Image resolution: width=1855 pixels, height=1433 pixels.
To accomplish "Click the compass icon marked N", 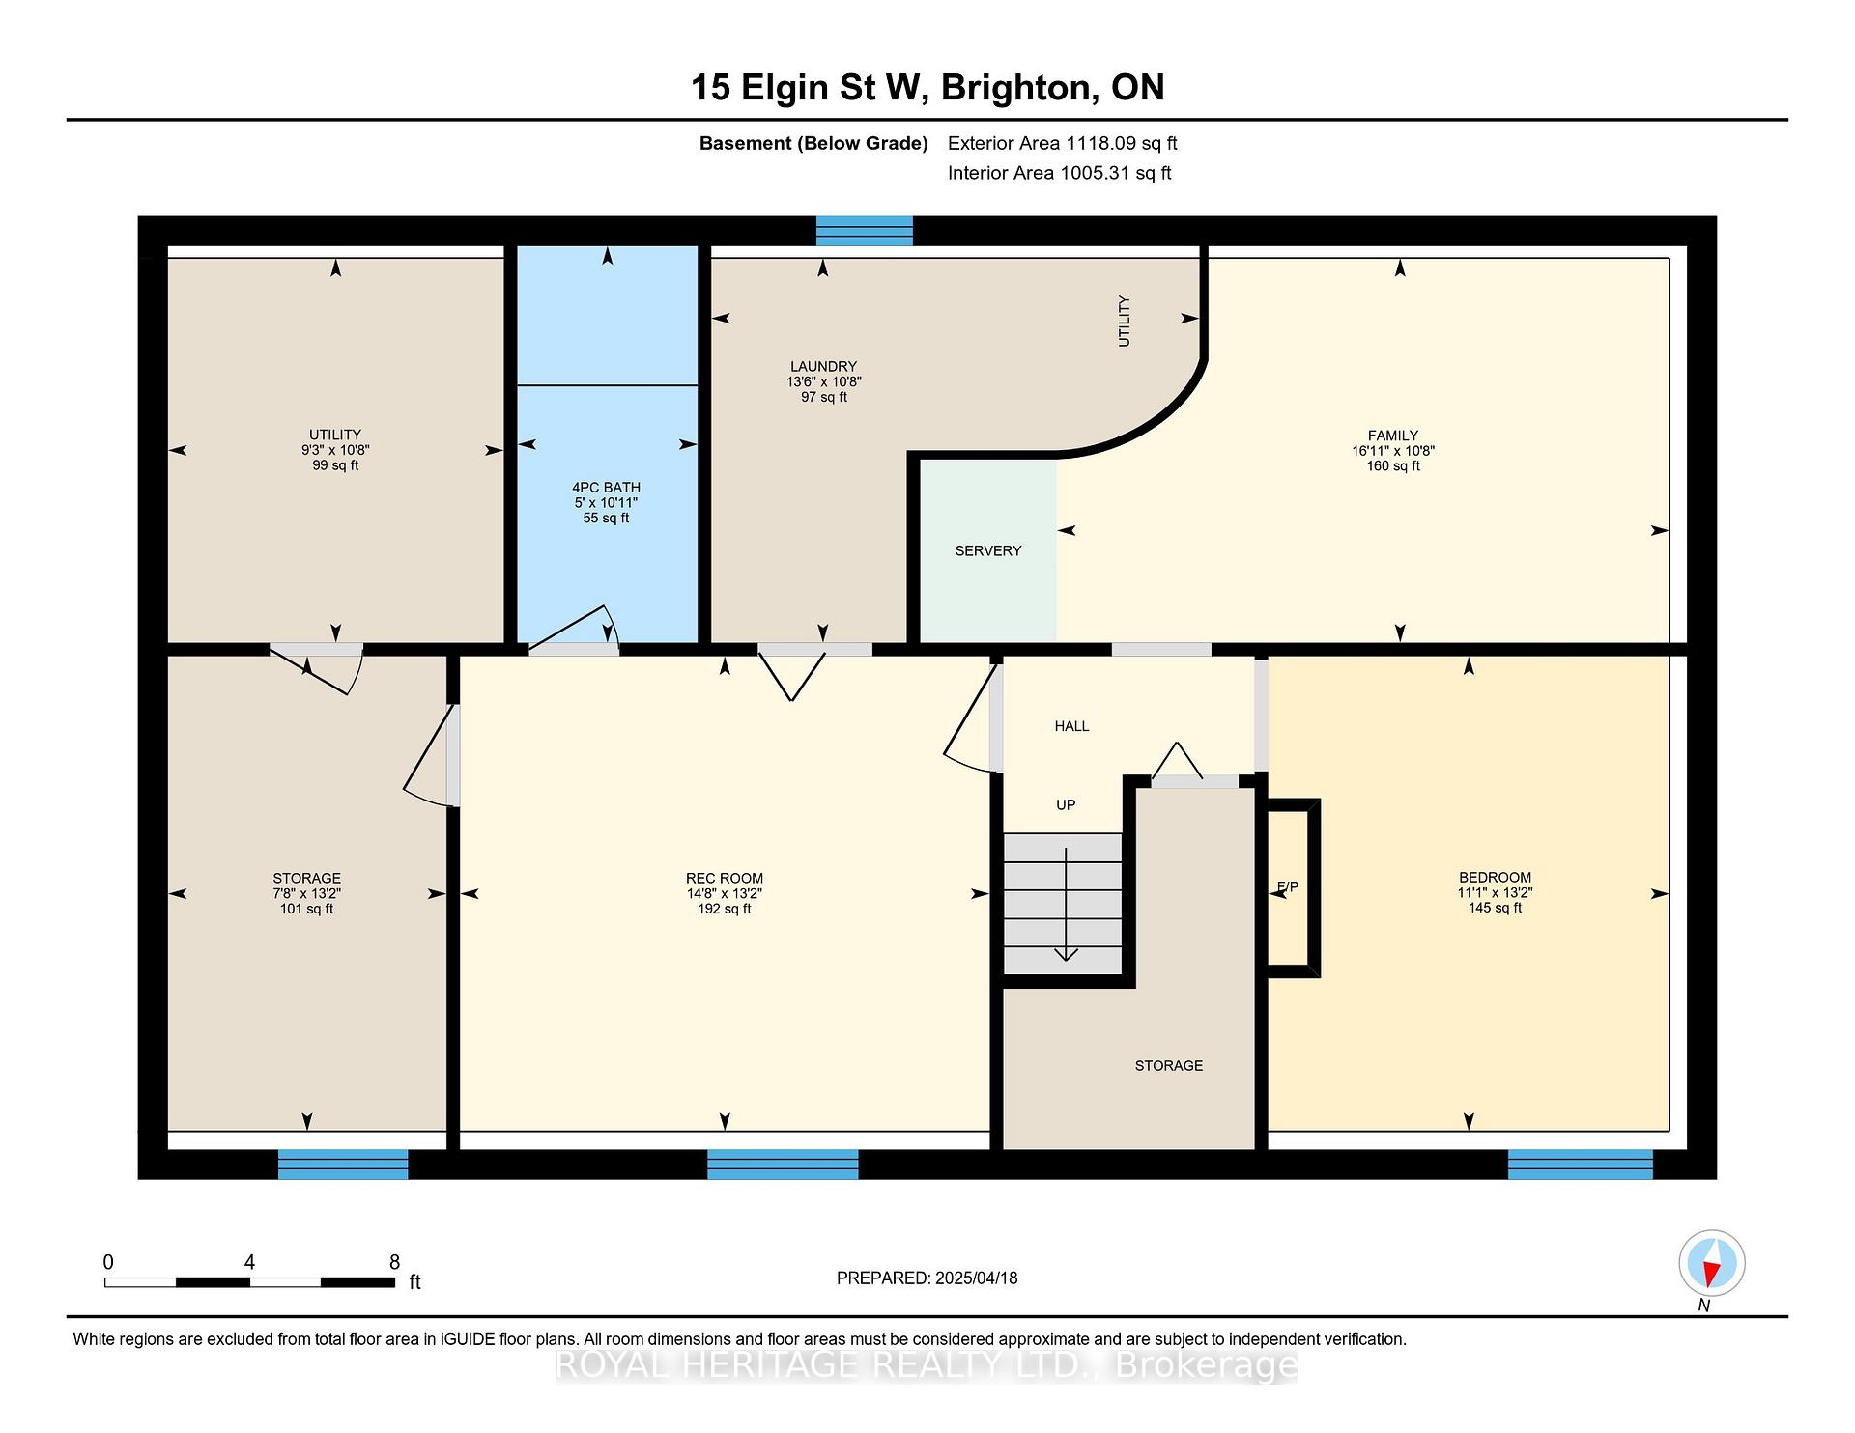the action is [x=1711, y=1263].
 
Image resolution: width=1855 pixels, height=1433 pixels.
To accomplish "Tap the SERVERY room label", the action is [x=987, y=550].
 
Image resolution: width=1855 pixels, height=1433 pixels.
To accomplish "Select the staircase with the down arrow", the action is [x=1063, y=904].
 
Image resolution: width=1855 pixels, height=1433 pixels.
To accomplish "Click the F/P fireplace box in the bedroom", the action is [x=1293, y=887].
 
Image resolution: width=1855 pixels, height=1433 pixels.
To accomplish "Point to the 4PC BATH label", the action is [x=606, y=488].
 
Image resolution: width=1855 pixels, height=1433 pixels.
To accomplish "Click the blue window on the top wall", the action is [x=864, y=231].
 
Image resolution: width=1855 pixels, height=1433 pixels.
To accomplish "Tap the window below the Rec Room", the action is [x=783, y=1165].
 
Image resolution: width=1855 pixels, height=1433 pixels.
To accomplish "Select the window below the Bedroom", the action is [x=1581, y=1165].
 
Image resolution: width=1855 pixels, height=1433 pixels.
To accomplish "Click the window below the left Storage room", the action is [x=343, y=1165].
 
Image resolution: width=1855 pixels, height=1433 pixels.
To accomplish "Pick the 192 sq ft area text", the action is [x=725, y=909].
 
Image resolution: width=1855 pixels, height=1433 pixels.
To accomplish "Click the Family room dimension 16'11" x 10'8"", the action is [x=1393, y=451].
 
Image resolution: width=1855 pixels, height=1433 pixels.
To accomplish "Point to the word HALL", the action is [x=1071, y=726].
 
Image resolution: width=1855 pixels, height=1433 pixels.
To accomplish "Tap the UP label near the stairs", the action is [x=1066, y=804].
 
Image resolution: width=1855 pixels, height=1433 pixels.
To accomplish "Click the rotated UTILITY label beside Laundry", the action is [x=1124, y=322].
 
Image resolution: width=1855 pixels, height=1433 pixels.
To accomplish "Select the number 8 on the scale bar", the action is [x=394, y=1262].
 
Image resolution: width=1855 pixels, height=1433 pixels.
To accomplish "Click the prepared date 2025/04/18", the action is [x=977, y=1278].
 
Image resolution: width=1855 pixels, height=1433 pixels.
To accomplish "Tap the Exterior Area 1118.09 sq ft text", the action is [x=1063, y=143].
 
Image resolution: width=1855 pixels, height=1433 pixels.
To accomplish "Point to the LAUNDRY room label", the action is [x=823, y=367].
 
